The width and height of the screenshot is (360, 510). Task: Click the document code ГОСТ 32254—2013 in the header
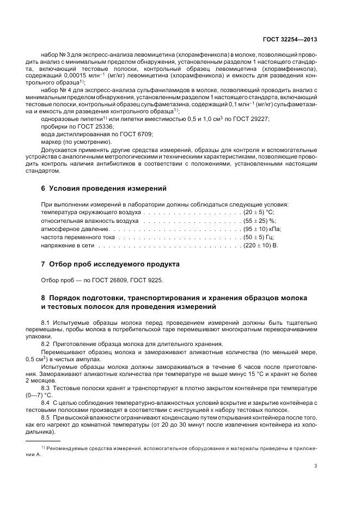[x=289, y=39]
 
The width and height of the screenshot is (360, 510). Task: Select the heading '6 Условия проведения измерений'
[x=104, y=189]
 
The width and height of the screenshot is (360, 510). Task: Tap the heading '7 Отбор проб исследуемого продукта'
[x=111, y=264]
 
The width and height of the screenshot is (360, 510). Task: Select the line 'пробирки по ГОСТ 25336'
[x=72, y=126]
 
